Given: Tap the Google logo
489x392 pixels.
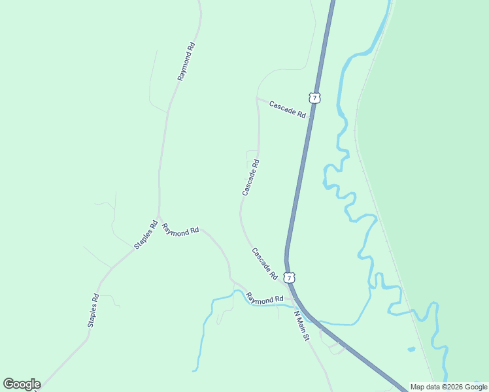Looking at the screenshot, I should click(x=22, y=384).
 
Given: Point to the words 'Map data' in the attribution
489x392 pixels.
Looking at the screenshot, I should click(x=426, y=387).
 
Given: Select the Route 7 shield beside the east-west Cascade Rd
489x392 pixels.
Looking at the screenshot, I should click(x=316, y=98).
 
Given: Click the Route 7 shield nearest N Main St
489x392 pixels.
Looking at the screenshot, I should click(x=290, y=278).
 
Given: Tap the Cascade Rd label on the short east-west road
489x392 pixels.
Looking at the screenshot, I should click(x=288, y=108).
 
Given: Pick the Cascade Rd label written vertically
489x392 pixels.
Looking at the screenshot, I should click(x=251, y=177).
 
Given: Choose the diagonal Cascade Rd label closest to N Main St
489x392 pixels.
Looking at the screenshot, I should click(x=265, y=263).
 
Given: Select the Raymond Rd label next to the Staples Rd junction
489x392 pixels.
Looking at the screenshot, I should click(x=180, y=230).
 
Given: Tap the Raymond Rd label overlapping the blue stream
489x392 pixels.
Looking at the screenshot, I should click(x=265, y=299).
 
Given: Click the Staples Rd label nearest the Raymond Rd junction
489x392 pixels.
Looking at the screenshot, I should click(x=146, y=235).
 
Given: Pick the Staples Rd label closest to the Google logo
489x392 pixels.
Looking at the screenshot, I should click(x=93, y=310).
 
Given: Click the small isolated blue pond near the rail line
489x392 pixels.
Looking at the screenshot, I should click(x=411, y=350).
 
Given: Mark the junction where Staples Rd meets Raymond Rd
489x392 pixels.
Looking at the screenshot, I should click(x=158, y=218).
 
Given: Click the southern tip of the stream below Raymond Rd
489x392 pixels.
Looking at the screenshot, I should click(x=194, y=370).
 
